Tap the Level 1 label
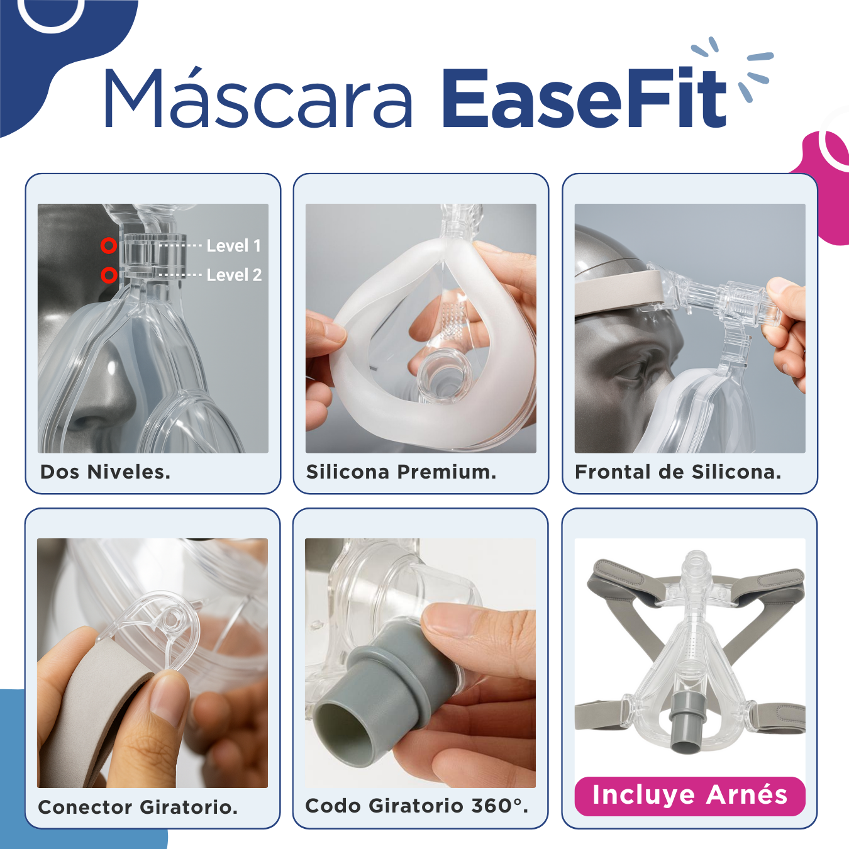234,245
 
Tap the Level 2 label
235,275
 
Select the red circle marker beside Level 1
108,245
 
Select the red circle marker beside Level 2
109,275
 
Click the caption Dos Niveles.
105,472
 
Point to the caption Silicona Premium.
401,472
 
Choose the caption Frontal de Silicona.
678,472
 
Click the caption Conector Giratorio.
138,807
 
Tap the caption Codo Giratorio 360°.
416,806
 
